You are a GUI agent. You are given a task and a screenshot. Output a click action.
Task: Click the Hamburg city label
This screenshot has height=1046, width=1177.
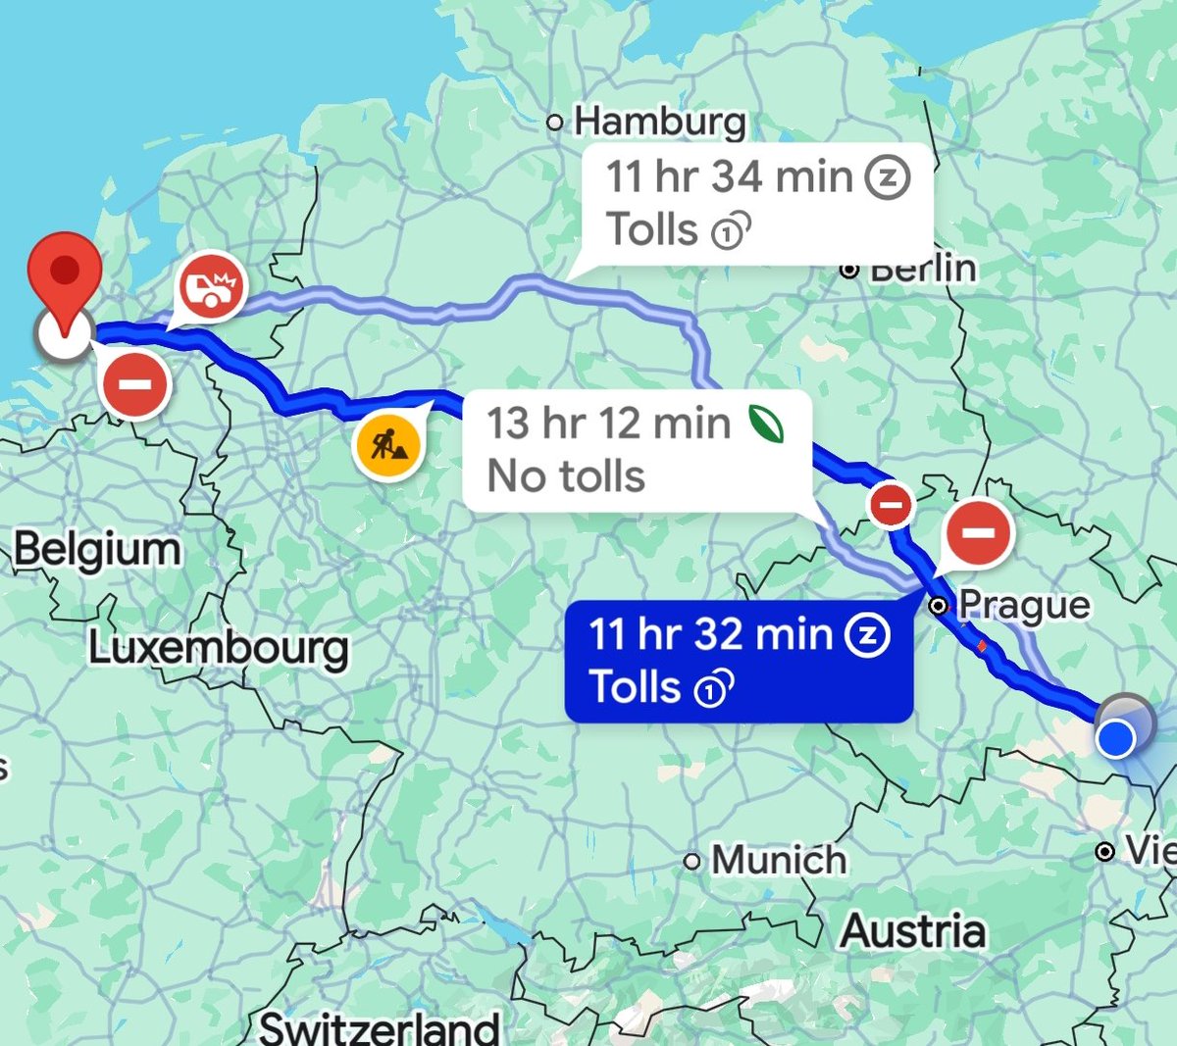pos(659,122)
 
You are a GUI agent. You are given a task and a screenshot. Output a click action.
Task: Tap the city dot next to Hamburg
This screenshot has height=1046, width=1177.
pos(555,123)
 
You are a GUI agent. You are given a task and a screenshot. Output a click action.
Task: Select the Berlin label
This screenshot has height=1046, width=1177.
pos(923,269)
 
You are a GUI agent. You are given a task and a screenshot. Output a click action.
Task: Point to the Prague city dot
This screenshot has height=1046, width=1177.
pos(939,606)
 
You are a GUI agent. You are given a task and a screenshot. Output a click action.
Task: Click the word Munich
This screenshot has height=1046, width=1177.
pos(779,860)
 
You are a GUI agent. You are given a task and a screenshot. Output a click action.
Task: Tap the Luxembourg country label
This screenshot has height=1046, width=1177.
pos(219,648)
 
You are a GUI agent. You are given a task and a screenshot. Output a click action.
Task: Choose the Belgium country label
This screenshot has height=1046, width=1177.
pos(97,549)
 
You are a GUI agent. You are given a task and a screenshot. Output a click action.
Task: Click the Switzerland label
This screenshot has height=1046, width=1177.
pos(379,1027)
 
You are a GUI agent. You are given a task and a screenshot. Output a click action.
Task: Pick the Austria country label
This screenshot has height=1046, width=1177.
pos(912,930)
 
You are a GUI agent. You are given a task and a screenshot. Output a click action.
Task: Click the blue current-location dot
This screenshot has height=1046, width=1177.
pos(1115,738)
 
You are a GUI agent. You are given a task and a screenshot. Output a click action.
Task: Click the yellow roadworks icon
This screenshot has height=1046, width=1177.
pos(387,447)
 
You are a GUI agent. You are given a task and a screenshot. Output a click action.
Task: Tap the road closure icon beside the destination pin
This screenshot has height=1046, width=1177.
pos(135,385)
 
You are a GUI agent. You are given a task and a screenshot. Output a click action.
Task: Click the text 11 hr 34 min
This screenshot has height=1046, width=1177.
pos(729,176)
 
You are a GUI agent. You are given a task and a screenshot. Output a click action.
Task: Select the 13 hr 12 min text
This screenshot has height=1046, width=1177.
pos(609,423)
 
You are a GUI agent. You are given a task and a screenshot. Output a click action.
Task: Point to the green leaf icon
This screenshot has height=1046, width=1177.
pos(766,423)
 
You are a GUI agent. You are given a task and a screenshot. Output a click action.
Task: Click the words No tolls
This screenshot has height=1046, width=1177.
pos(566,476)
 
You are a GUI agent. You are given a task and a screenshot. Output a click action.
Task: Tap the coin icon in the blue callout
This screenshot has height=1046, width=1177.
pos(714,688)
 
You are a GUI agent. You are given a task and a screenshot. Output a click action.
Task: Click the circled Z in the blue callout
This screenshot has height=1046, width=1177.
pos(868,634)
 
